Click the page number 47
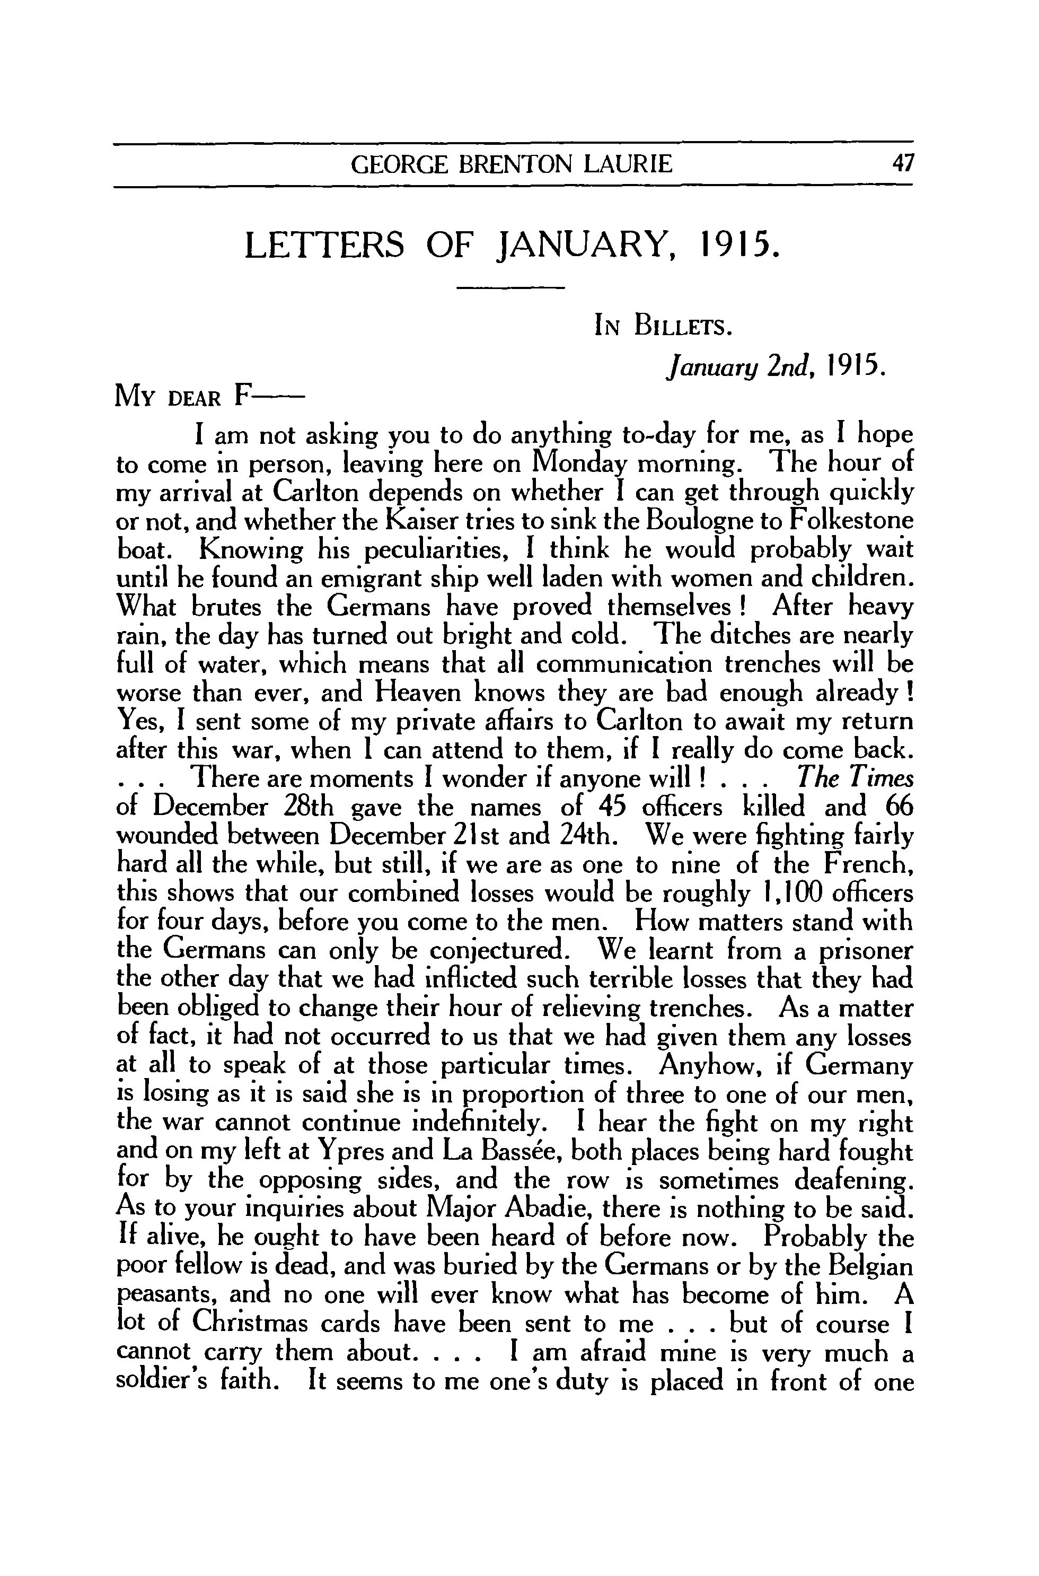[x=902, y=163]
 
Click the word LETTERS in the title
[x=324, y=247]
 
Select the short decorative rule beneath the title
[x=510, y=287]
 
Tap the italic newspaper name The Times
[x=856, y=779]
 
